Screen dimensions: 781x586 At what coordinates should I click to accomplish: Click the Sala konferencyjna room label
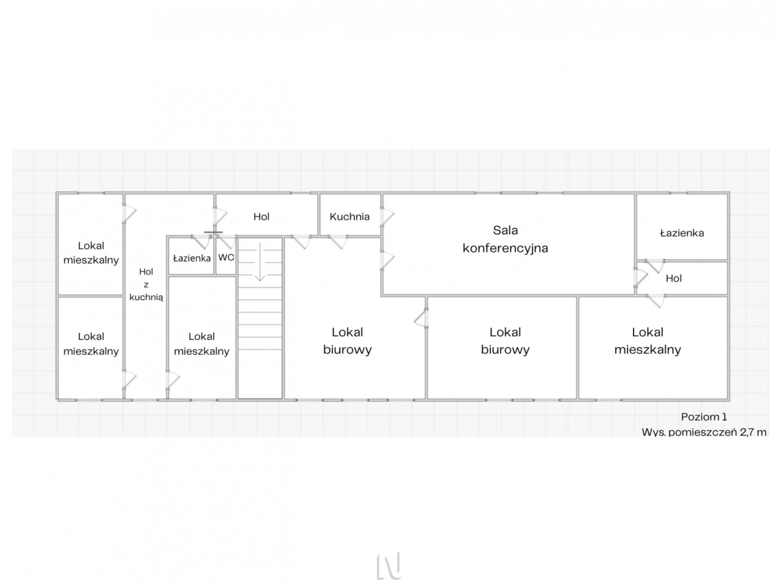(x=505, y=239)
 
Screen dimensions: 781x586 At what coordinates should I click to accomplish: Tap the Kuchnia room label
(x=349, y=217)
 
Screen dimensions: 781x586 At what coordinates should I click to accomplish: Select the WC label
(x=226, y=257)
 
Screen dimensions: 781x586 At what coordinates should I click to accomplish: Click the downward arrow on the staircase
(x=260, y=262)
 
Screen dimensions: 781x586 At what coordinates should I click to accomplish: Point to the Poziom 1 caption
(x=704, y=417)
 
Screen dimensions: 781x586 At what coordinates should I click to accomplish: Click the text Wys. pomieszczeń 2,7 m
(x=704, y=432)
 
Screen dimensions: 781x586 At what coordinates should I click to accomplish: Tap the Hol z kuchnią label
(x=146, y=284)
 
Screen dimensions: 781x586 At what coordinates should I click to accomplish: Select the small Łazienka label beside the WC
(x=192, y=258)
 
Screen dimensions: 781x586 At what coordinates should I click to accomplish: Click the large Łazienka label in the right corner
(x=682, y=233)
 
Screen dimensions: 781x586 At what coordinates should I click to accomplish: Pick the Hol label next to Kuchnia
(x=261, y=217)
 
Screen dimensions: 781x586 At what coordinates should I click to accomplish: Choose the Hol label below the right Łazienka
(x=674, y=278)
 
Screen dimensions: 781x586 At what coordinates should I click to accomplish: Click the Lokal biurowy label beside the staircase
(x=347, y=341)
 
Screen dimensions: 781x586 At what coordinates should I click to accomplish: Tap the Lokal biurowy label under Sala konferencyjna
(x=505, y=341)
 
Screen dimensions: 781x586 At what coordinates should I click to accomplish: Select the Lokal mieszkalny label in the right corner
(x=647, y=341)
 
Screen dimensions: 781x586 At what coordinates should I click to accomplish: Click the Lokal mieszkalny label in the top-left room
(x=91, y=253)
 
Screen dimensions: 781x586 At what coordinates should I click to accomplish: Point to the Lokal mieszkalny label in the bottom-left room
(x=91, y=344)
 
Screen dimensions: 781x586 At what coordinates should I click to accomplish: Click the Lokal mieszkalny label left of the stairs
(x=201, y=344)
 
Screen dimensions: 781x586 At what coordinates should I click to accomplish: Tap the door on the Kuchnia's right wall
(x=386, y=217)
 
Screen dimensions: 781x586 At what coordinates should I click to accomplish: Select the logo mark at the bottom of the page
(x=389, y=566)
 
